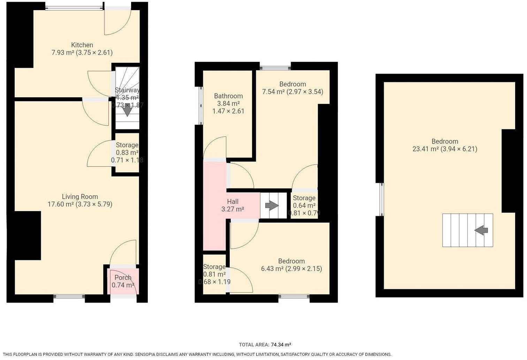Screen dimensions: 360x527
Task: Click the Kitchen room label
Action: [x=82, y=45]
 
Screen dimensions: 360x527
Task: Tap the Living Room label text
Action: [x=80, y=197]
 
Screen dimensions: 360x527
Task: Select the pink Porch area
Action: [x=123, y=281]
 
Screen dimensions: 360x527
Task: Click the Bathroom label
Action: [x=228, y=96]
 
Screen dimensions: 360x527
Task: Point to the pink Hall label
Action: [x=232, y=202]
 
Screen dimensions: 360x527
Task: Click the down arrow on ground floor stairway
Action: [x=127, y=110]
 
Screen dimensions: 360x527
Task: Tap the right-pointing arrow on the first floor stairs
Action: [x=272, y=206]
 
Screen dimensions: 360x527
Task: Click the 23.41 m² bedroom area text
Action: [x=445, y=149]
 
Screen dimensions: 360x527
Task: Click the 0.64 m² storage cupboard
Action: [x=304, y=205]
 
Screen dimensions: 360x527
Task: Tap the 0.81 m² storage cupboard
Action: [x=214, y=274]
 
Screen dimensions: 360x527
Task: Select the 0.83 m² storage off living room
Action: [x=127, y=152]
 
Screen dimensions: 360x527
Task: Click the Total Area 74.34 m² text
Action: [x=265, y=345]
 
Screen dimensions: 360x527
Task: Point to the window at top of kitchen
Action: [x=74, y=7]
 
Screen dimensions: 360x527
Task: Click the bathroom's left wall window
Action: [x=200, y=105]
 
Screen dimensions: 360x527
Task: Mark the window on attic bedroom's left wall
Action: [x=382, y=199]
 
